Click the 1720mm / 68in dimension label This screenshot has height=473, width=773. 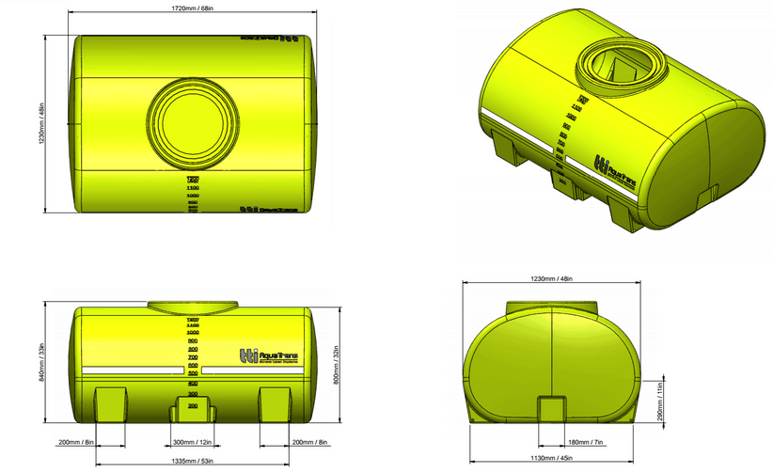[190, 9]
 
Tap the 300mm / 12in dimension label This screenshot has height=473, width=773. [192, 442]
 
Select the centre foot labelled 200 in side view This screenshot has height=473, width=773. [192, 408]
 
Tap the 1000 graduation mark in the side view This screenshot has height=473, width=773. [193, 333]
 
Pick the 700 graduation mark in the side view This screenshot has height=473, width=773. [193, 358]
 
